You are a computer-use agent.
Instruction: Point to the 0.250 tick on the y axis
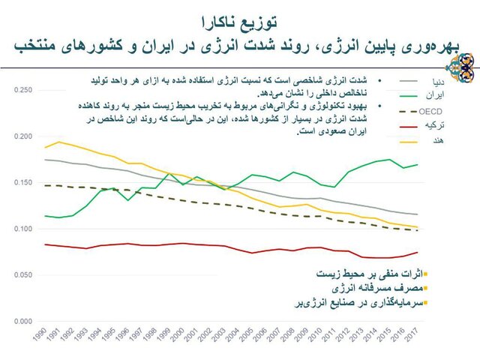[24, 90]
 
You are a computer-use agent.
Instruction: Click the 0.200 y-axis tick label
[24, 136]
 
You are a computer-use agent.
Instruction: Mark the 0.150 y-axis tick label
[24, 183]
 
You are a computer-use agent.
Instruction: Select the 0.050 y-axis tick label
[24, 275]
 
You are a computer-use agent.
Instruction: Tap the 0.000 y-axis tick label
[24, 322]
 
